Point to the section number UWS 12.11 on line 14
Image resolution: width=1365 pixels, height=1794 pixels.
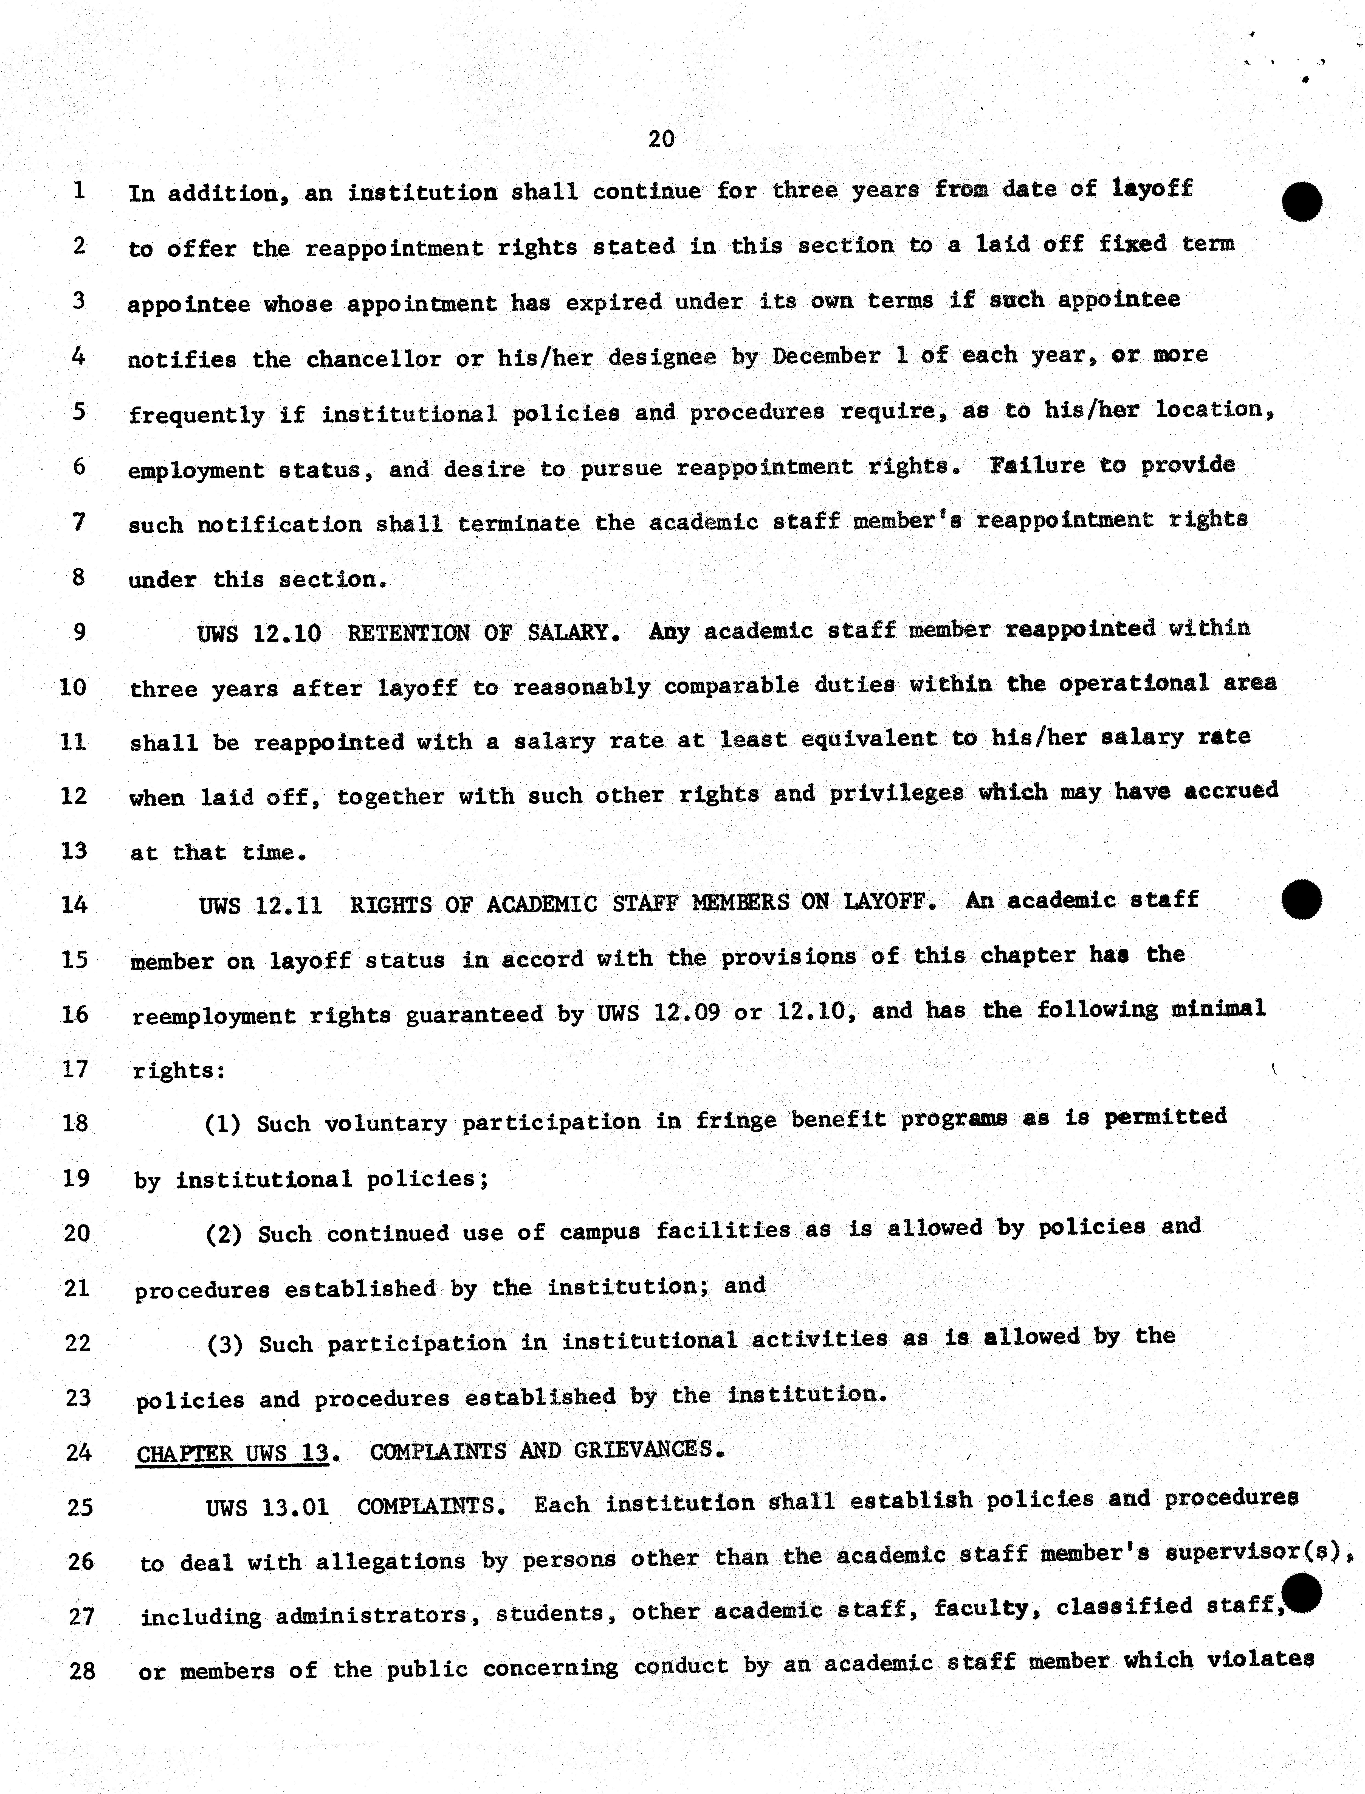[260, 905]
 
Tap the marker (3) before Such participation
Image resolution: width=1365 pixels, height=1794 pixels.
[225, 1344]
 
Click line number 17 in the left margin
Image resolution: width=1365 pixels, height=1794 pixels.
[75, 1069]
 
